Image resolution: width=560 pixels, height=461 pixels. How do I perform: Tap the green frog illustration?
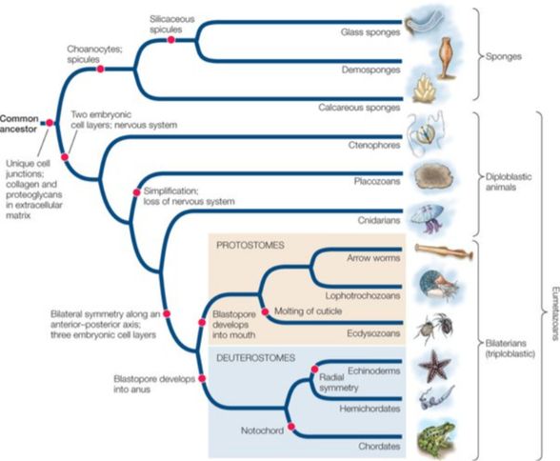point(436,438)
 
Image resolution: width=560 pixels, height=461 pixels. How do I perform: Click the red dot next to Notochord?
point(291,427)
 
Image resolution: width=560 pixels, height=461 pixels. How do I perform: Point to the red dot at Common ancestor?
point(50,123)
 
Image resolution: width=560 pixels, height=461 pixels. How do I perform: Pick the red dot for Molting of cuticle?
point(265,311)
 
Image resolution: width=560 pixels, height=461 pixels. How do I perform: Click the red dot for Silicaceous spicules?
point(171,40)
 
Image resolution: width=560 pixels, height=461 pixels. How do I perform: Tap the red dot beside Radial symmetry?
point(314,370)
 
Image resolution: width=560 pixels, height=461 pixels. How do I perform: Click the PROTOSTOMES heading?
point(250,246)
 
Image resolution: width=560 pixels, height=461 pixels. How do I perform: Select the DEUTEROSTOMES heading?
point(255,358)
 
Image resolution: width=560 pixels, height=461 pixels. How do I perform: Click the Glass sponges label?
point(370,32)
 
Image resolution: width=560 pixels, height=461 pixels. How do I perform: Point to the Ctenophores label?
point(374,146)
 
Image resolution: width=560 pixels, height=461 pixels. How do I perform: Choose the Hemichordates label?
point(370,409)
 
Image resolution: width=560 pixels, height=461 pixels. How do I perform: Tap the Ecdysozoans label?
point(373,333)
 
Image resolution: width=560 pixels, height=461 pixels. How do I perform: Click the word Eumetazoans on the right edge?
point(554,313)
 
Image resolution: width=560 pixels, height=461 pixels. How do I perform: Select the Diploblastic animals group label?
point(509,182)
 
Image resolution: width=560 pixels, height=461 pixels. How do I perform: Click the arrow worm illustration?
point(444,251)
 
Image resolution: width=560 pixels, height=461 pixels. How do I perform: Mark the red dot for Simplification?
point(136,192)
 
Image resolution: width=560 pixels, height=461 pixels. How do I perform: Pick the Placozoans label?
point(377,181)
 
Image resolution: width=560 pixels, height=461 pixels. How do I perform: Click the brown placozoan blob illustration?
point(433,177)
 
